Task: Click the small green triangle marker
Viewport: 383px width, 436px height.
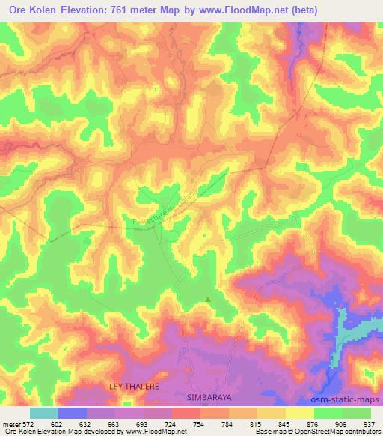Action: tap(208, 300)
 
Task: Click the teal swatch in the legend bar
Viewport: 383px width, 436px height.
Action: tap(43, 413)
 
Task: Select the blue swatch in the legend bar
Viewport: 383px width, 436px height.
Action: tap(73, 413)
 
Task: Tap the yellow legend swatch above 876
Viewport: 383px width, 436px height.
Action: tap(299, 413)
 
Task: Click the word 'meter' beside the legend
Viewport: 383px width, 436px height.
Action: tap(12, 424)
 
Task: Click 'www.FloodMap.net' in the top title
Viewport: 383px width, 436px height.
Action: tap(228, 11)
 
